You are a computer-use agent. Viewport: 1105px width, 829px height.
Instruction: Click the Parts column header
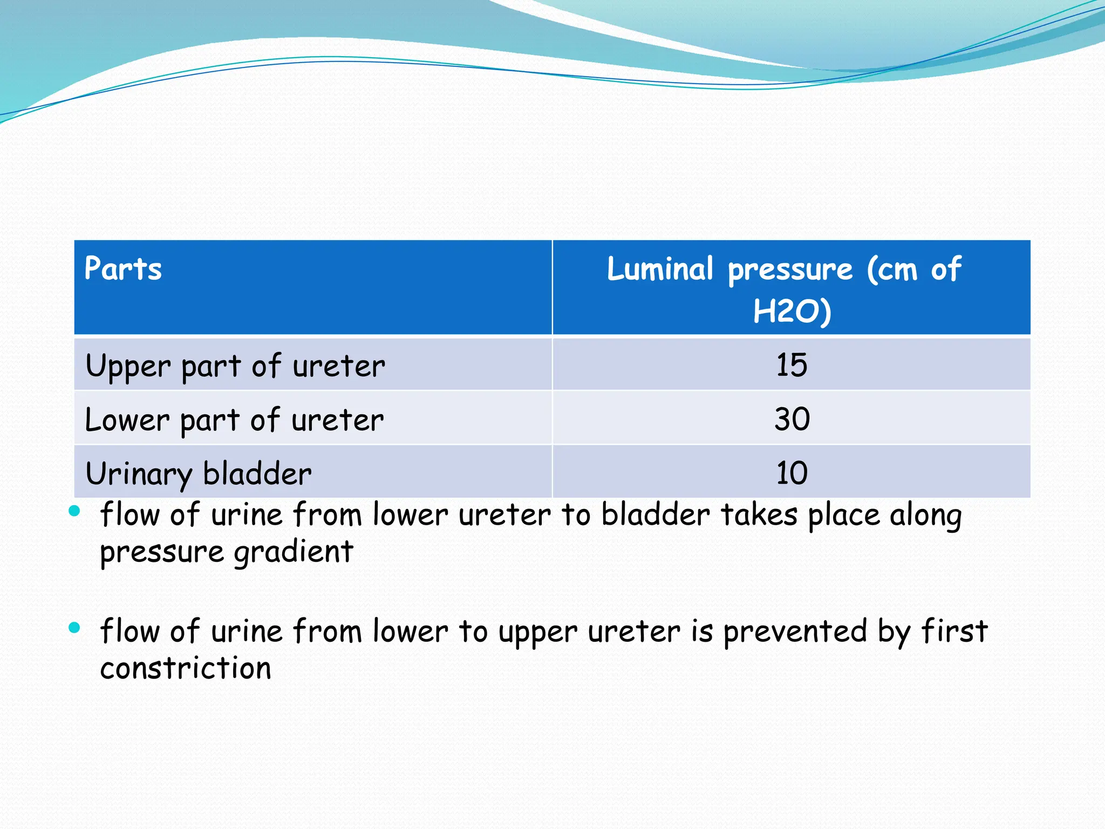point(123,269)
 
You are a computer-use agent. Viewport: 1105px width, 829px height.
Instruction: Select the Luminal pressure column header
point(784,269)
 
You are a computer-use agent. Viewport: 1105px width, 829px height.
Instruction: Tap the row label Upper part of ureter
point(235,366)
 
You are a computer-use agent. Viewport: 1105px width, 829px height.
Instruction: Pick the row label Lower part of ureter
point(234,420)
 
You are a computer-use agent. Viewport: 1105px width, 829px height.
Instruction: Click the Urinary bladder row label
point(199,474)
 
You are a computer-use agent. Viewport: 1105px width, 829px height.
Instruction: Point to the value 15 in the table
point(792,365)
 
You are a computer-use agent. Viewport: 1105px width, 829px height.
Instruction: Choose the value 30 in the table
point(792,419)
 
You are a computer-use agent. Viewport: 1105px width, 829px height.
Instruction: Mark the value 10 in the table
point(792,473)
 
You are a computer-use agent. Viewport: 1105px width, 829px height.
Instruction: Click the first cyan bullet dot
point(74,511)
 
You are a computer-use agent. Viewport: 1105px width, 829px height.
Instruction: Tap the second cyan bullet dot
point(74,627)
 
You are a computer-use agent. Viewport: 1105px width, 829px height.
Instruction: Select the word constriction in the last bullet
point(186,668)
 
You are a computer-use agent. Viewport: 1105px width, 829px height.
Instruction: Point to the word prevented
point(795,631)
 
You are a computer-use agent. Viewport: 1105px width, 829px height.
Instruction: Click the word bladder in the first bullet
point(656,514)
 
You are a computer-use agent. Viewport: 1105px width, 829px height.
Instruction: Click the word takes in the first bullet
point(759,514)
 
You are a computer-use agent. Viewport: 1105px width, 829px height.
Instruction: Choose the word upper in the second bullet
point(538,633)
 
